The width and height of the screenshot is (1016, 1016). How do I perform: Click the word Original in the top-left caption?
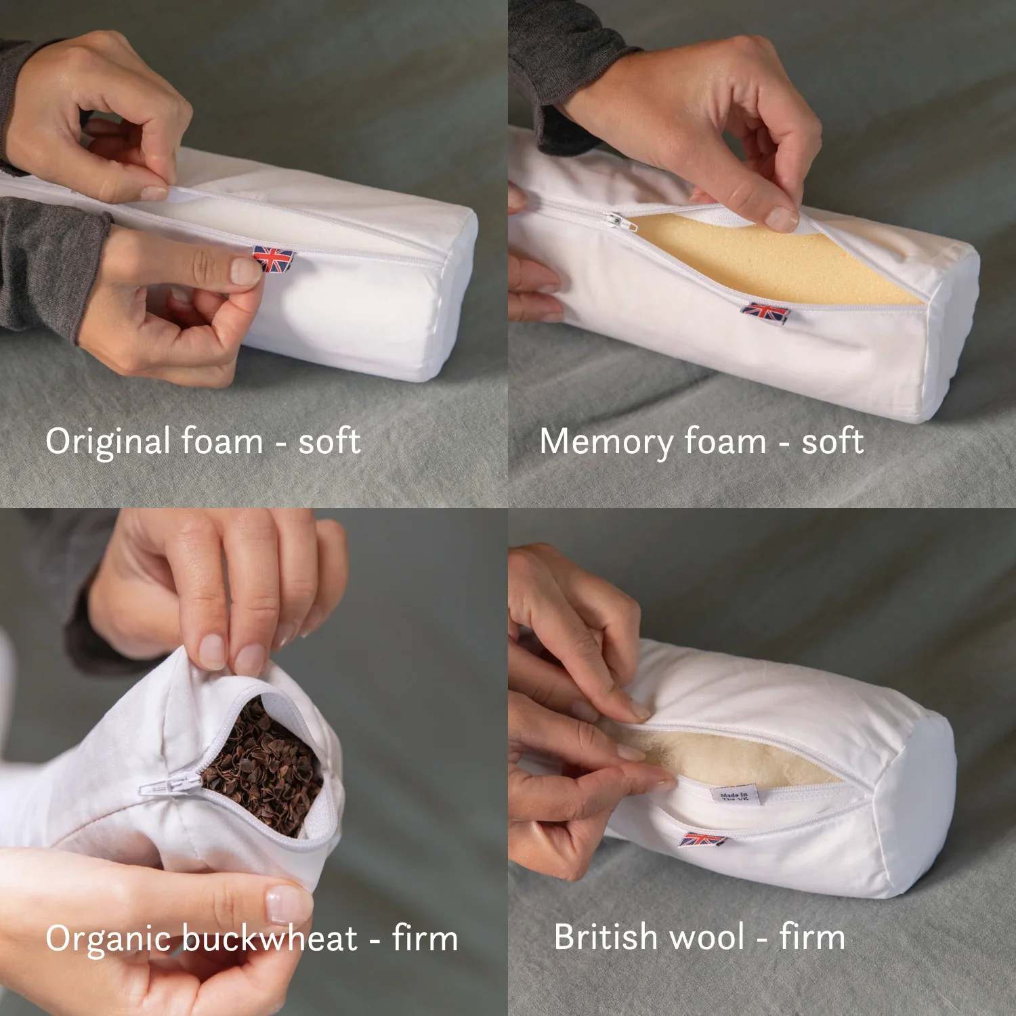pos(108,442)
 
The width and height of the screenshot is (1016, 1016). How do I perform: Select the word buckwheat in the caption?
pos(269,938)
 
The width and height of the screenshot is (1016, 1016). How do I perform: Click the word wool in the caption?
pos(707,937)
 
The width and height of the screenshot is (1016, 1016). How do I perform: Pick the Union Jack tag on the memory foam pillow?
pos(766,313)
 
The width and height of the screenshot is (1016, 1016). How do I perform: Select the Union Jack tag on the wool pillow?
pos(702,840)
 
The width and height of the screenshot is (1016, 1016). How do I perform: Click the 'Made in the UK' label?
pos(734,795)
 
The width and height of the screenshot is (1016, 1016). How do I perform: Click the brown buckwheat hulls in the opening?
pos(264,772)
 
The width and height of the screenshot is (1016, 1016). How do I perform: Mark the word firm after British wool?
pos(811,937)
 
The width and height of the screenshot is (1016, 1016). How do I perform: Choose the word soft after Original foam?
pos(330,442)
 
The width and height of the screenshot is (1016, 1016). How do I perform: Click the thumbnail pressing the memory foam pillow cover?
pos(782,218)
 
